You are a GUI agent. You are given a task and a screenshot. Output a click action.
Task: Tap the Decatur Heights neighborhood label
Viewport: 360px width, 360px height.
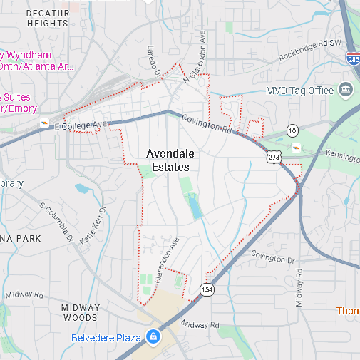(48, 18)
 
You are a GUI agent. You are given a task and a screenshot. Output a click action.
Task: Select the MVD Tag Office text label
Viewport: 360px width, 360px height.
(299, 91)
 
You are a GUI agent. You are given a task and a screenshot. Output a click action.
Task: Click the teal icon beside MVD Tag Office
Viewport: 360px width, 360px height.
(346, 90)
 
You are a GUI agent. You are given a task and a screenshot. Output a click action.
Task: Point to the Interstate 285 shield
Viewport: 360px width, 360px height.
(354, 62)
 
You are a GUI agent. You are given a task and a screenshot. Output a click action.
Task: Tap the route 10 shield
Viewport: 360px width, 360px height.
(292, 130)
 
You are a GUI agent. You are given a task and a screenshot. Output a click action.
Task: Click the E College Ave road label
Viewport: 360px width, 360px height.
(83, 125)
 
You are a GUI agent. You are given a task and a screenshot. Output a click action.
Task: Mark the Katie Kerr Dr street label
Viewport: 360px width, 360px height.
(93, 227)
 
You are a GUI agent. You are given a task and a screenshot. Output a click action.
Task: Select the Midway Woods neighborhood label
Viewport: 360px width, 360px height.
(80, 312)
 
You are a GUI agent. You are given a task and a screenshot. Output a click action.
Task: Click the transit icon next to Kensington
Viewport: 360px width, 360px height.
(297, 147)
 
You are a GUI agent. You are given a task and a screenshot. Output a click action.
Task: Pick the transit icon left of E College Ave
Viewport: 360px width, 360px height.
(45, 124)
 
